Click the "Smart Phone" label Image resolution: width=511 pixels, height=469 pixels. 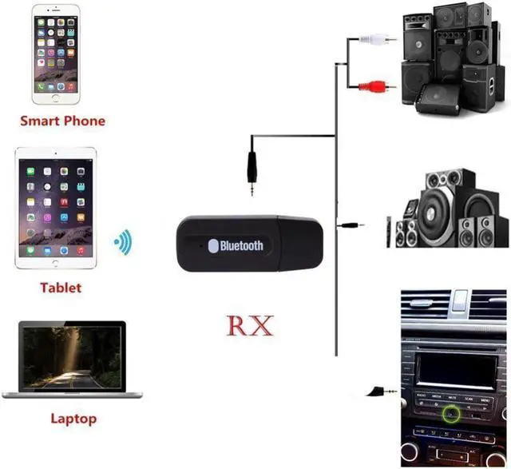(62, 121)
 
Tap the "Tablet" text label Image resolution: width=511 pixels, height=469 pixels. (61, 287)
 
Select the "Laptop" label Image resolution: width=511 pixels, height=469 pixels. (73, 418)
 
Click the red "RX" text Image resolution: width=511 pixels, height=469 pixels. (251, 326)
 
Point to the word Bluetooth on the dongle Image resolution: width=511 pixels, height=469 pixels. (241, 245)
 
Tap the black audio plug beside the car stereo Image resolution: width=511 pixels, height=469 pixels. (375, 391)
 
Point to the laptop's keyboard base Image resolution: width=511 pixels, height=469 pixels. (73, 394)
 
